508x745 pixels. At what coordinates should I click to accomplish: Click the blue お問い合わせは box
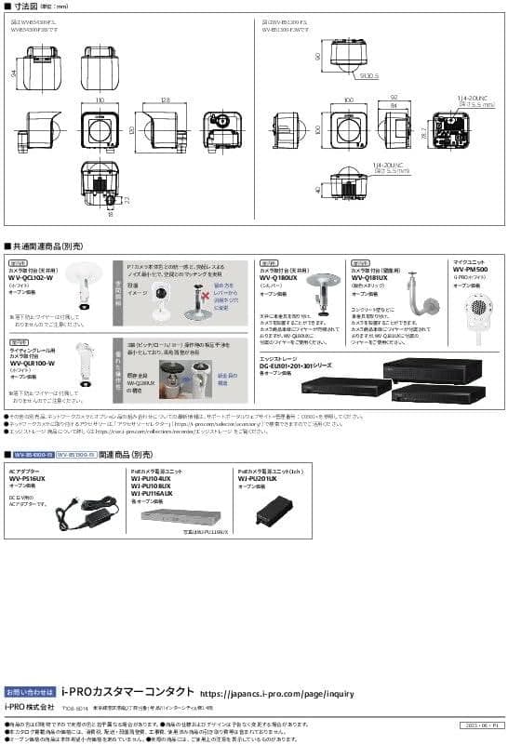[x=31, y=692]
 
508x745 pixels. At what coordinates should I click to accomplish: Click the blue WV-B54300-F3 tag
[x=32, y=455]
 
